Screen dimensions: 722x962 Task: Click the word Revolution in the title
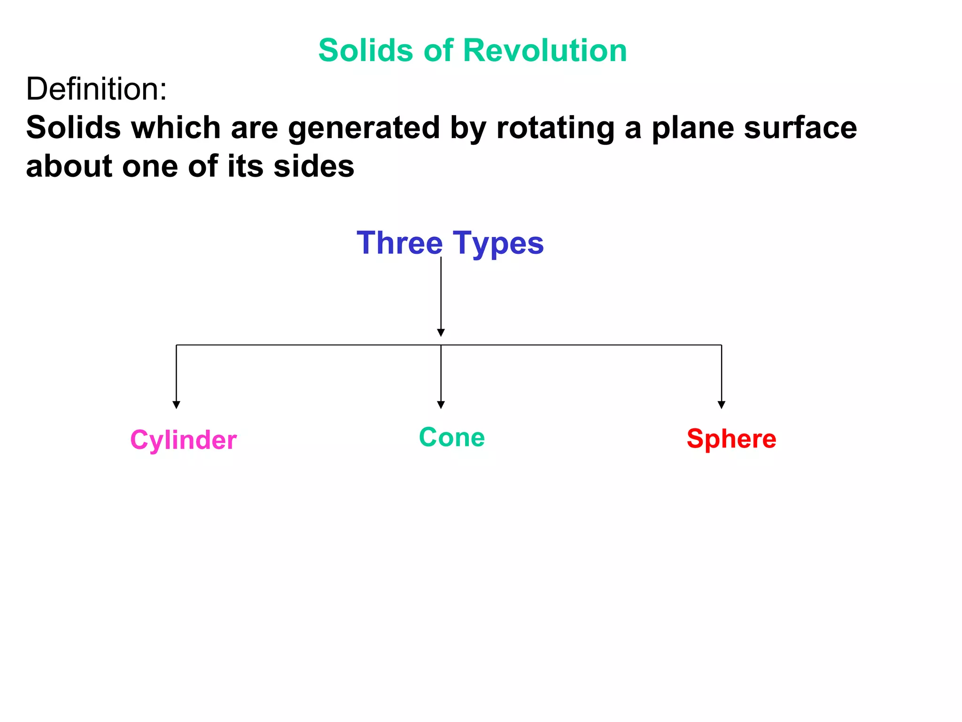click(545, 50)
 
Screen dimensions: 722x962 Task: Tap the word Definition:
click(96, 89)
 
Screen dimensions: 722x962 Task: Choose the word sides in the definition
click(314, 166)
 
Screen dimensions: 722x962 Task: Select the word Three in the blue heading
click(399, 243)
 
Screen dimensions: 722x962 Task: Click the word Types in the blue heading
click(498, 244)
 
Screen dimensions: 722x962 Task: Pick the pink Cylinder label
click(183, 440)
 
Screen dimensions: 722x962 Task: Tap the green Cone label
click(452, 437)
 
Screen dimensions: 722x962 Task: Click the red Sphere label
click(731, 439)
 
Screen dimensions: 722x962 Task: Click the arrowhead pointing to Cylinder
click(176, 405)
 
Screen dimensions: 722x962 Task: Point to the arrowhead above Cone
click(441, 405)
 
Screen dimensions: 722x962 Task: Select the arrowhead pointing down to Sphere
click(721, 405)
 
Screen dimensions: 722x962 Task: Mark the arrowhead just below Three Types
click(441, 333)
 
